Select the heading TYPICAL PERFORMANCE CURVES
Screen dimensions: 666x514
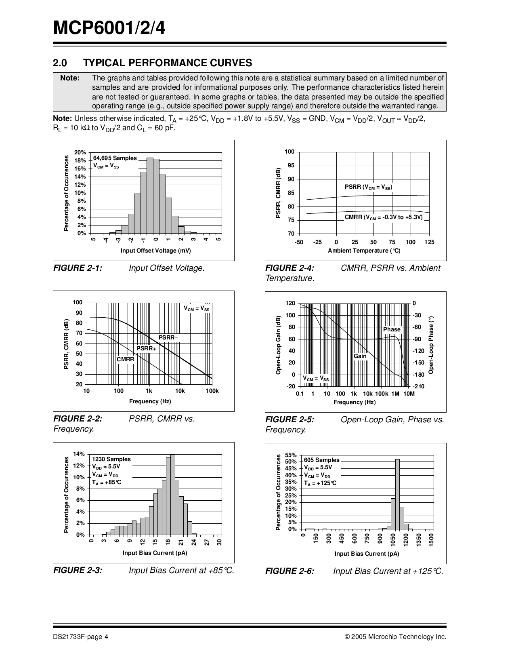[167, 63]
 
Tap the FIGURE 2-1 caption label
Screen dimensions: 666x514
[78, 268]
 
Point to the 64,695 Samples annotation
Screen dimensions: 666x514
[115, 158]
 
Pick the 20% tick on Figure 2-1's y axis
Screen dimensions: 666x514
[80, 152]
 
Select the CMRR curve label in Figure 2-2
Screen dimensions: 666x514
[125, 359]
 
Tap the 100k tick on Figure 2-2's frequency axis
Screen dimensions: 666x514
[212, 391]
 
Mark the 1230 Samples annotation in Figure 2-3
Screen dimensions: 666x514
[111, 459]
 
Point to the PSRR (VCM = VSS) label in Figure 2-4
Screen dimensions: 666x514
[368, 187]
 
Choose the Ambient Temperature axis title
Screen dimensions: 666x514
[364, 251]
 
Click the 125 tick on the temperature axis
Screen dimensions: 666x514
[429, 242]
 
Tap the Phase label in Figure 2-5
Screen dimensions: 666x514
[392, 329]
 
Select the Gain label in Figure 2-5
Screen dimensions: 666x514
[360, 356]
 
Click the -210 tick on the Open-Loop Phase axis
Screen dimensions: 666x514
[419, 386]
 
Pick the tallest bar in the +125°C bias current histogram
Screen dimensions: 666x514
[397, 494]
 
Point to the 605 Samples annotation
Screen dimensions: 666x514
[322, 460]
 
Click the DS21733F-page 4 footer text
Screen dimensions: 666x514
[80, 637]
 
